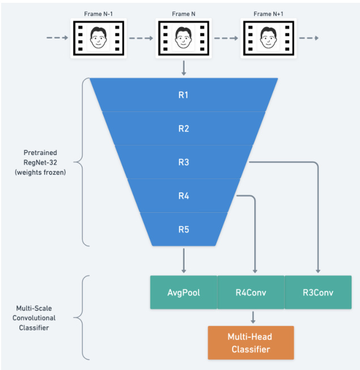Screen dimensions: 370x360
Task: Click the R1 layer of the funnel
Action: click(183, 94)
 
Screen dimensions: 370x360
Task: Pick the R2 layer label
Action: click(183, 128)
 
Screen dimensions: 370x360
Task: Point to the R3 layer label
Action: click(183, 162)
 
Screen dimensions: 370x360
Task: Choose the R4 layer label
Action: click(183, 196)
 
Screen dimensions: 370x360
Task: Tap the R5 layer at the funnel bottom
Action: click(183, 230)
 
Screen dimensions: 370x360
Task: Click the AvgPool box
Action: click(183, 292)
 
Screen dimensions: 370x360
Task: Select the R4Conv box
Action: click(251, 292)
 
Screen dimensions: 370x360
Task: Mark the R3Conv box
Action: click(318, 292)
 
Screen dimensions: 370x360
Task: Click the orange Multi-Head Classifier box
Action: click(251, 343)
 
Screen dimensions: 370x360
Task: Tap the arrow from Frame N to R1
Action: click(183, 67)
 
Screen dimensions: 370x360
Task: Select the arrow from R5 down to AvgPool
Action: click(183, 261)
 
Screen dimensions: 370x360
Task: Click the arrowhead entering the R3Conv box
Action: click(318, 271)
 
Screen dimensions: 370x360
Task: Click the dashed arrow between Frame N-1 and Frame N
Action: click(141, 38)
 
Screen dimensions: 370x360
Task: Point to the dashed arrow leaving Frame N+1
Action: click(308, 38)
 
